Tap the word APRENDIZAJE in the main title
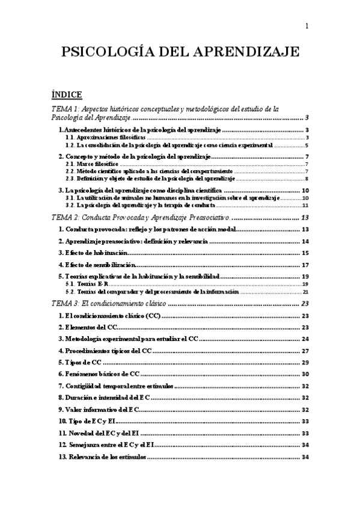pos(248,52)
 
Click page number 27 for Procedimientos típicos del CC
pos(305,351)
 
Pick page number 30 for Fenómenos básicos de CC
pos(305,374)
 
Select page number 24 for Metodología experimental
pos(305,339)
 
